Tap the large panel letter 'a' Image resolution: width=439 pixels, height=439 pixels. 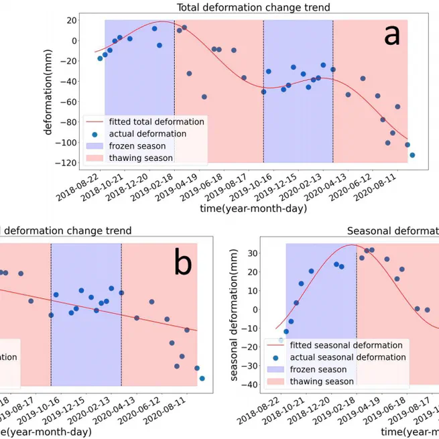tap(391, 35)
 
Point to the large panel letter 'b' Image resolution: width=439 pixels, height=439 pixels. tap(182, 263)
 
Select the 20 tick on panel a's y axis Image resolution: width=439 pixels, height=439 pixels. tap(70, 20)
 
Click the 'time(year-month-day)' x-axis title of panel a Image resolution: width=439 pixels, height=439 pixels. tap(253, 209)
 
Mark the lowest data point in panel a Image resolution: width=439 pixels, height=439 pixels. tap(412, 155)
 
